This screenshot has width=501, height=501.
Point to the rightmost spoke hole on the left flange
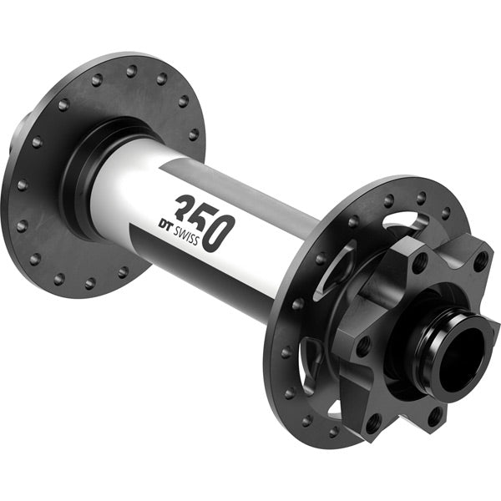pyautogui.click(x=194, y=134)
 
